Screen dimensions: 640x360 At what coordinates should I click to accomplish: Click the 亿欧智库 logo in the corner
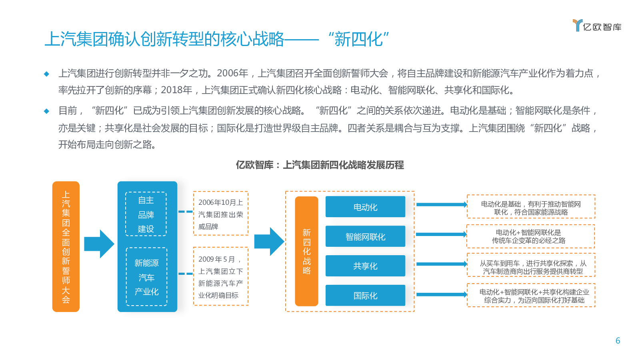tap(597, 26)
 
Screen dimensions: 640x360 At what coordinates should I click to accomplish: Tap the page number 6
tap(618, 340)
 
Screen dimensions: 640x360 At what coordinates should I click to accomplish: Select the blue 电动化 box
tap(365, 206)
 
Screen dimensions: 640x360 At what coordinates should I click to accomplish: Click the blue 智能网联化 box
tap(365, 236)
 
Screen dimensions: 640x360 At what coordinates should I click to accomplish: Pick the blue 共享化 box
tap(365, 266)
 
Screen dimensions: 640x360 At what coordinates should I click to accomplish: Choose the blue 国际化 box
tap(365, 296)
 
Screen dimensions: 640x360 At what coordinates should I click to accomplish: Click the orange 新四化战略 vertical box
tap(306, 251)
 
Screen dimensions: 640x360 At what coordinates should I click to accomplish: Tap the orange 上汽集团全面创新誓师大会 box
tap(66, 246)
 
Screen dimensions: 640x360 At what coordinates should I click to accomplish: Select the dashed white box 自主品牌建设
tap(146, 214)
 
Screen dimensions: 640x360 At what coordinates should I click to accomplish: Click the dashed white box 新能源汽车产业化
tap(146, 276)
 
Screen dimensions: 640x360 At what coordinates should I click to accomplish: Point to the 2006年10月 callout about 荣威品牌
tap(220, 214)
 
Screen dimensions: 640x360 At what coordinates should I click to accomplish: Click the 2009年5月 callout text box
tap(220, 276)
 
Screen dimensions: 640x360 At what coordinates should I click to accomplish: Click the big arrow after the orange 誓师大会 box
tap(99, 244)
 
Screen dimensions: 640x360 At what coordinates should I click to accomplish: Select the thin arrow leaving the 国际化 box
tap(442, 294)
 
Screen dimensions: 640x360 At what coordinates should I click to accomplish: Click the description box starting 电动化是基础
tap(531, 206)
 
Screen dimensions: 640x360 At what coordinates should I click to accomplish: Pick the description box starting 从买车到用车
tap(531, 265)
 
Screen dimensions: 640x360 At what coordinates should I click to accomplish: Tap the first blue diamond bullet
tap(46, 74)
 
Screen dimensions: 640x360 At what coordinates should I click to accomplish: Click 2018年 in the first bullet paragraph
tap(176, 90)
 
